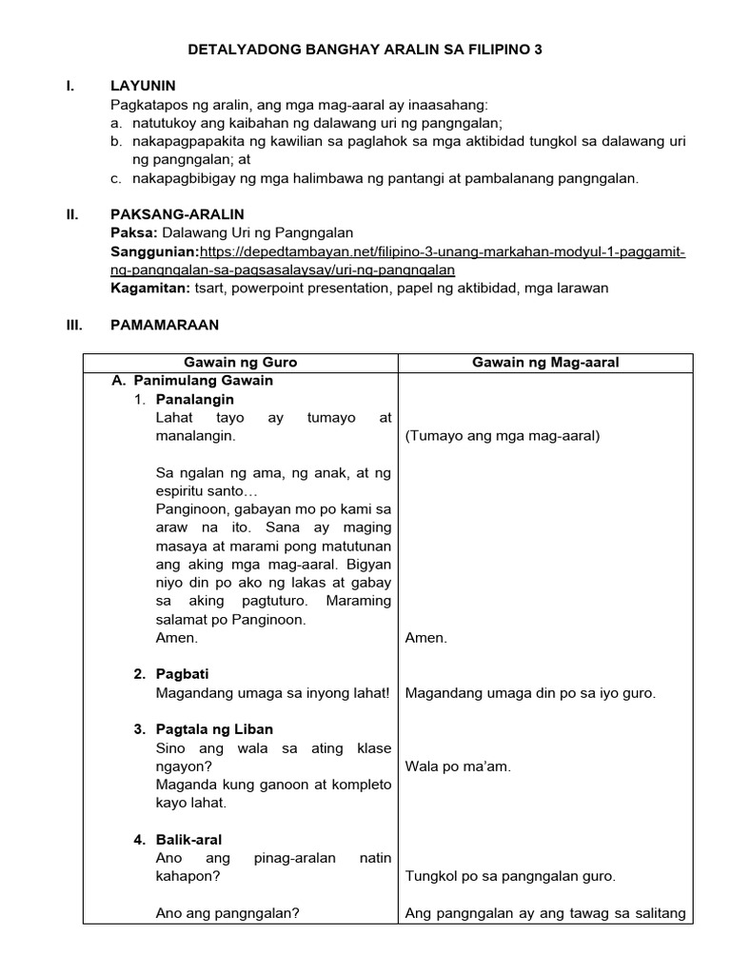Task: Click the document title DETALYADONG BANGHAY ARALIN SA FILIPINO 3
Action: pos(365,48)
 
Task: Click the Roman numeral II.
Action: pos(71,214)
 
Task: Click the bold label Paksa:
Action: pos(134,232)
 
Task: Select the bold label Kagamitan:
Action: pos(148,288)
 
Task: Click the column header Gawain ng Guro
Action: pos(240,363)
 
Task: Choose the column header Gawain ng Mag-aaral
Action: pos(545,363)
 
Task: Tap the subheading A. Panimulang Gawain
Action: pos(192,381)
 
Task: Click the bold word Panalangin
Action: pos(195,399)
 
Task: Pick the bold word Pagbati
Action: pos(183,674)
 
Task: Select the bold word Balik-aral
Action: pos(188,840)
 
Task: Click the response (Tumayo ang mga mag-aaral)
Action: pos(503,436)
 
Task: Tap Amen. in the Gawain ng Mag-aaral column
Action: pos(425,638)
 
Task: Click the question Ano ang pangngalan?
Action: pos(227,913)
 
